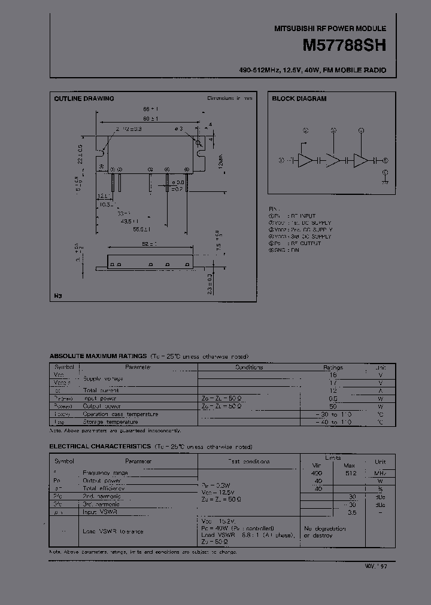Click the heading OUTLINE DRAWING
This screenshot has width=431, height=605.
[x=84, y=99]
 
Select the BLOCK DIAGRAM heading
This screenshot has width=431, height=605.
[x=299, y=99]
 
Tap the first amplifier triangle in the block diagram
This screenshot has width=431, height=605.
[x=306, y=160]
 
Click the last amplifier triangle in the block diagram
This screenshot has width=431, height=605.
[x=361, y=160]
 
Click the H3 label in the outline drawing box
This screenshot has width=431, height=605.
[x=58, y=295]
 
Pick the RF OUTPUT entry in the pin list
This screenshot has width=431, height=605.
[x=306, y=243]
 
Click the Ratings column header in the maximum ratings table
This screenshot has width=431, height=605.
[x=333, y=368]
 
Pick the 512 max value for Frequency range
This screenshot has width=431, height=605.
[x=350, y=473]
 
